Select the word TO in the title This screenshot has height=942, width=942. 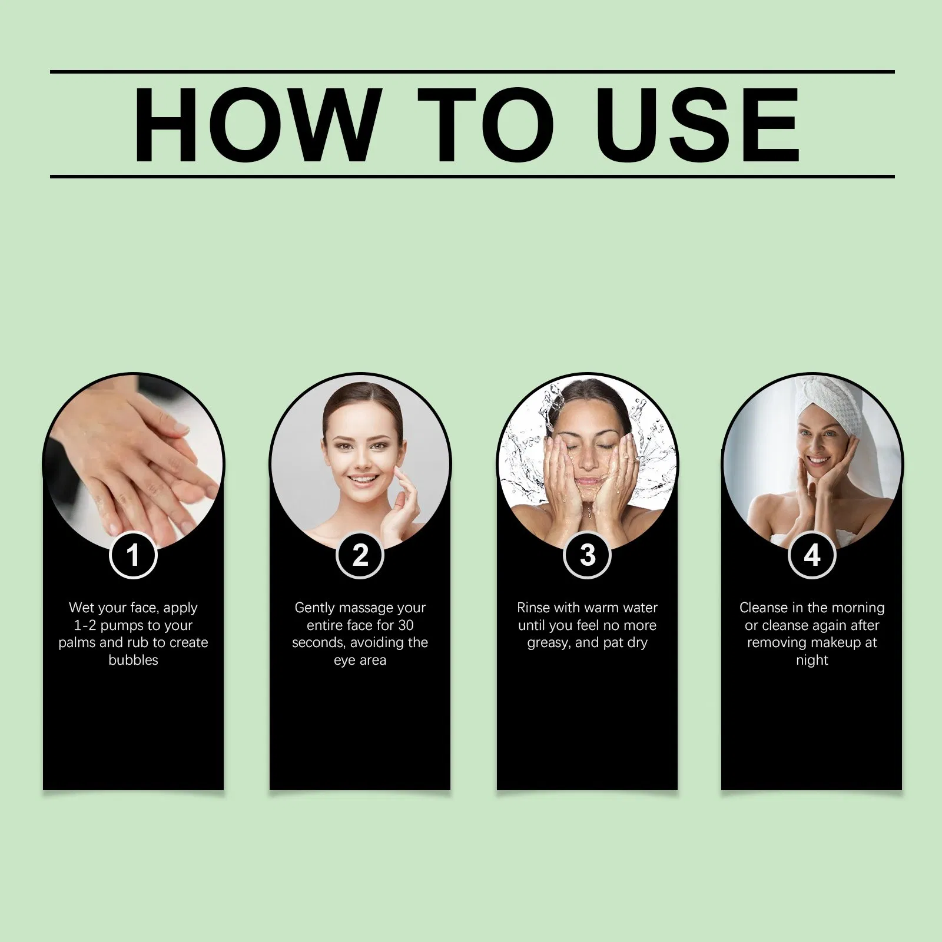pos(486,125)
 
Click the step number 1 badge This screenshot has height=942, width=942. pos(133,555)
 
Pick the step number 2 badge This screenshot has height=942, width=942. pos(360,555)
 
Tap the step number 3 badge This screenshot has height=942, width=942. pos(587,555)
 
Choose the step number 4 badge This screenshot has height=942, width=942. pos(812,555)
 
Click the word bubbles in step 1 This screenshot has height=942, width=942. pos(133,660)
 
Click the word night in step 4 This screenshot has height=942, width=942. pos(812,661)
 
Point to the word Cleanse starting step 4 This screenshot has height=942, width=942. pos(764,608)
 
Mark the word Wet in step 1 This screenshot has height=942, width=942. pos(81,608)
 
